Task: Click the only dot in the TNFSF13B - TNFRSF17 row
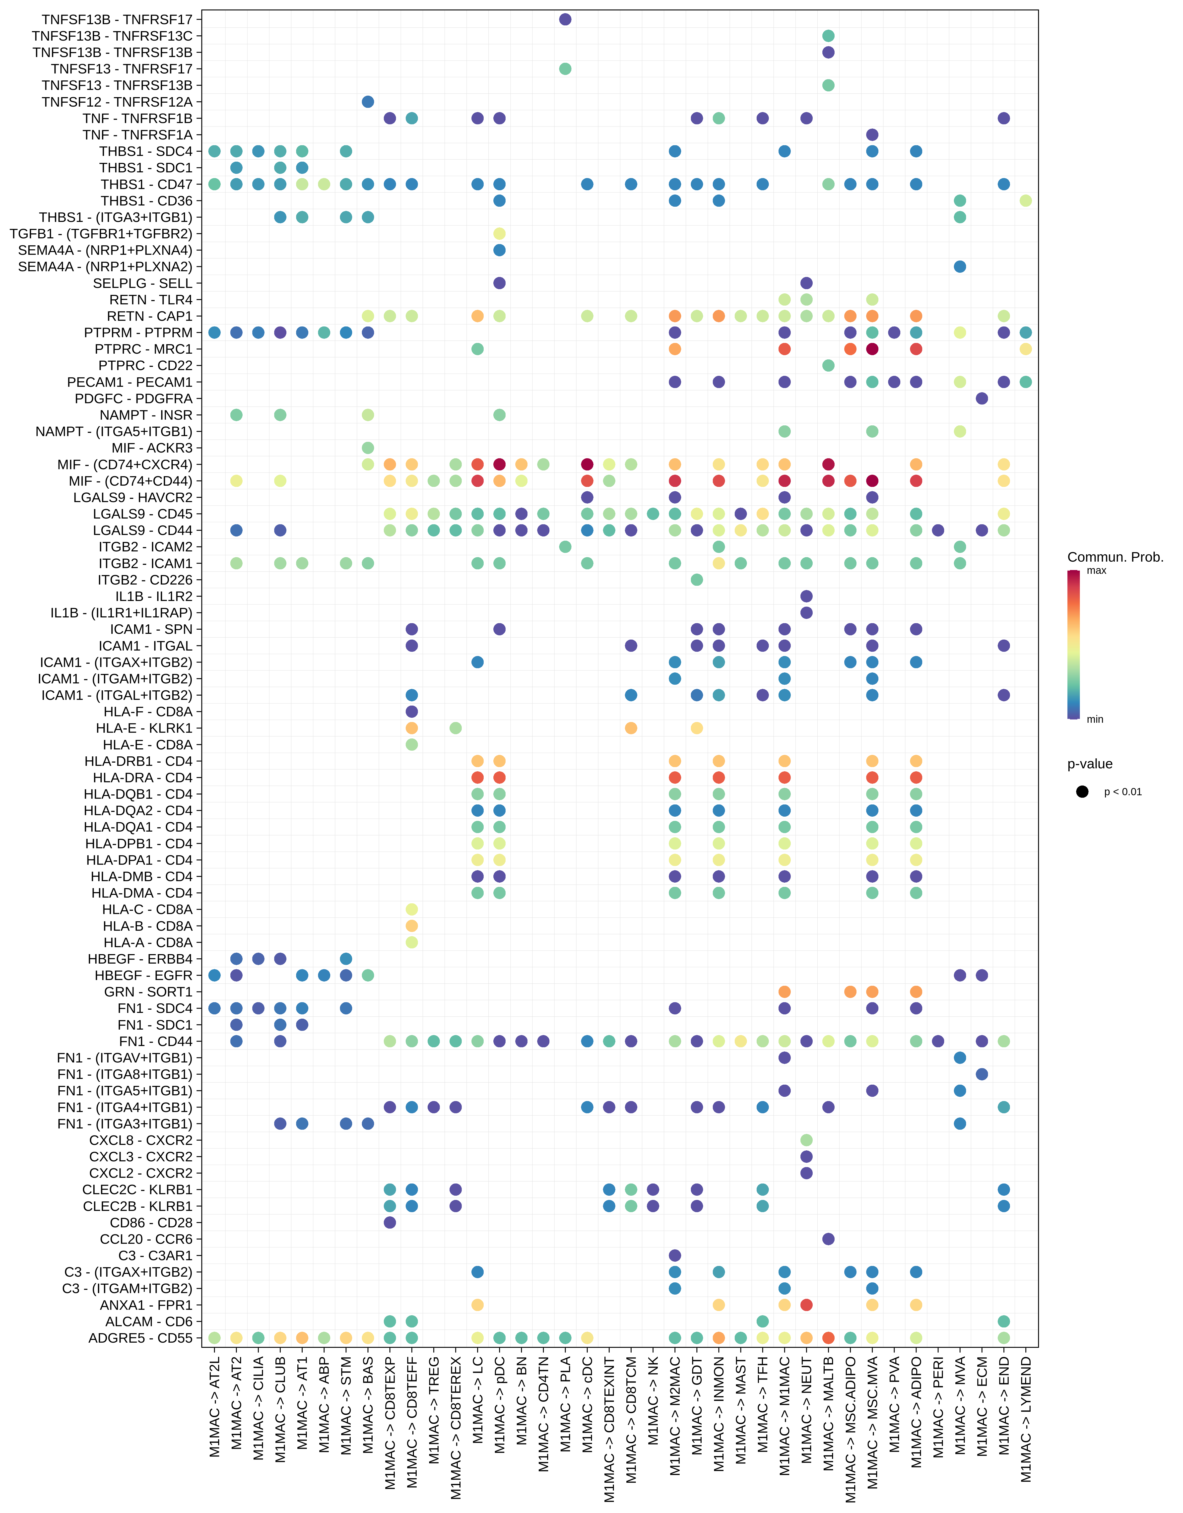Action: pyautogui.click(x=565, y=19)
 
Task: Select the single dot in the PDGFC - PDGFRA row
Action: pyautogui.click(x=982, y=398)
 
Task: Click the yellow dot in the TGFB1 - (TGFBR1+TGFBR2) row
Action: pyautogui.click(x=499, y=233)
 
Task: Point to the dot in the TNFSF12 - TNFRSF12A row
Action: pyautogui.click(x=368, y=102)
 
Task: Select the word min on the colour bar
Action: pyautogui.click(x=1095, y=719)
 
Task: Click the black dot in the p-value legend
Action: pyautogui.click(x=1083, y=792)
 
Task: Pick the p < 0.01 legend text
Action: pyautogui.click(x=1123, y=792)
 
